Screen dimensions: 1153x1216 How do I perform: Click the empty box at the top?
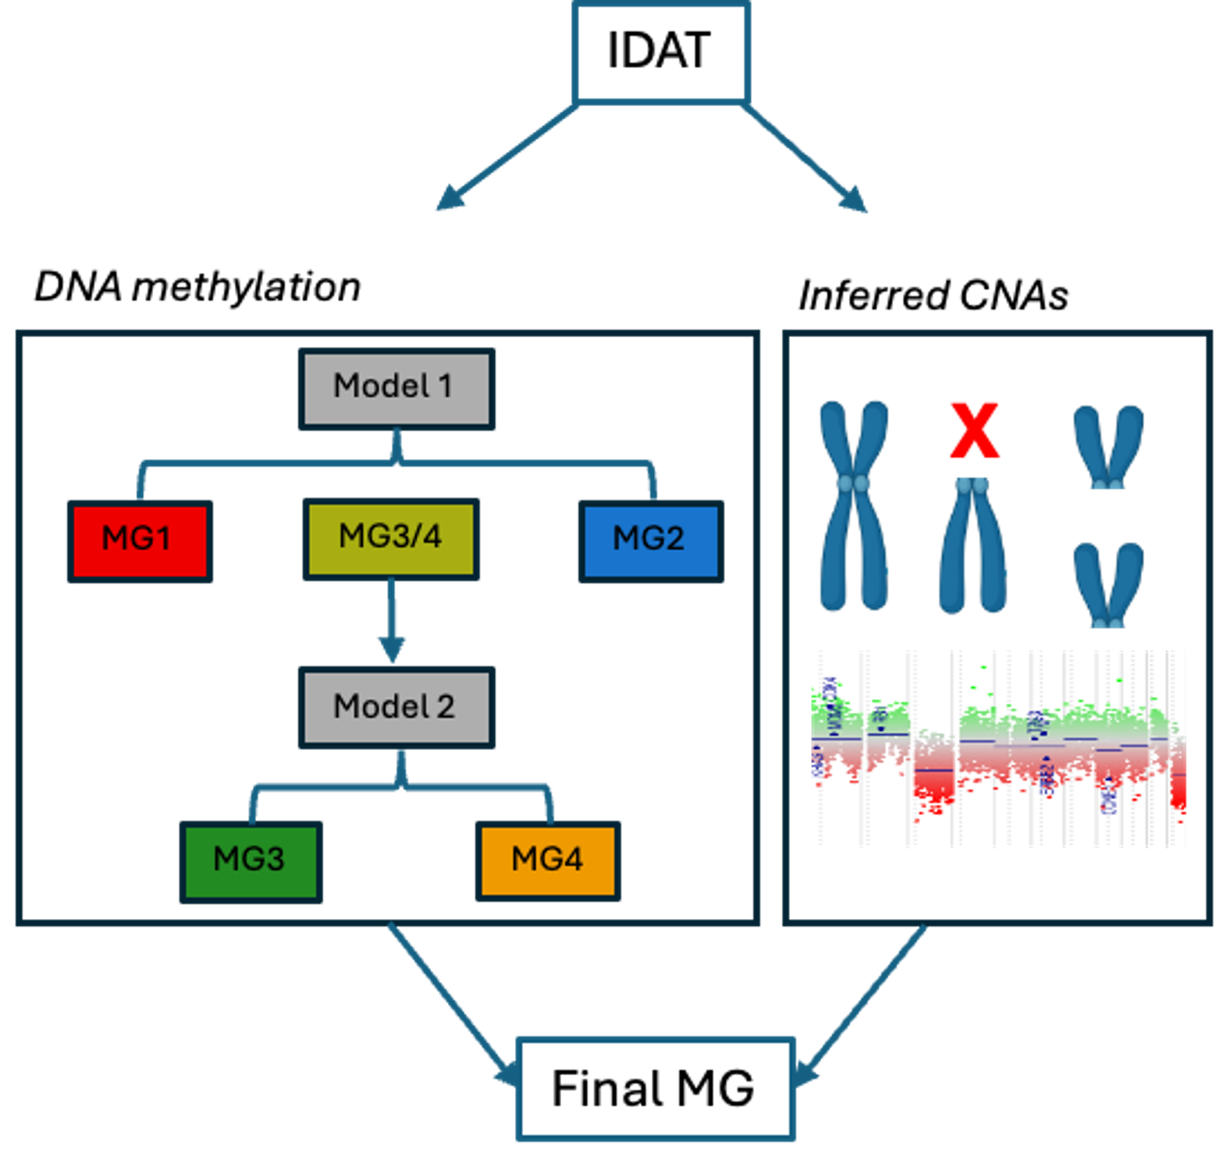(x=662, y=53)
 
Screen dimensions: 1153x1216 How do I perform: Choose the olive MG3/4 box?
(x=390, y=538)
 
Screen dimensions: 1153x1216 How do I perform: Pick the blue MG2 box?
(x=651, y=541)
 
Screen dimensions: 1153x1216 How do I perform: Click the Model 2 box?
(x=396, y=708)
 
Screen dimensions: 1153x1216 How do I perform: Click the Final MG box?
(x=654, y=1089)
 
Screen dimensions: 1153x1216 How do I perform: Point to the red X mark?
(x=974, y=430)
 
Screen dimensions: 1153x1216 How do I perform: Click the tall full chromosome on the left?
(x=852, y=506)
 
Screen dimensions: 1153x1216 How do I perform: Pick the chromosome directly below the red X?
(x=971, y=552)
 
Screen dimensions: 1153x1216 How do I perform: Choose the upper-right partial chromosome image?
(x=1106, y=439)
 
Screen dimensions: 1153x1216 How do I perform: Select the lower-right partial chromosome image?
(x=1106, y=577)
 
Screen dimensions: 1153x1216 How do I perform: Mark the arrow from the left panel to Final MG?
(x=449, y=1002)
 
